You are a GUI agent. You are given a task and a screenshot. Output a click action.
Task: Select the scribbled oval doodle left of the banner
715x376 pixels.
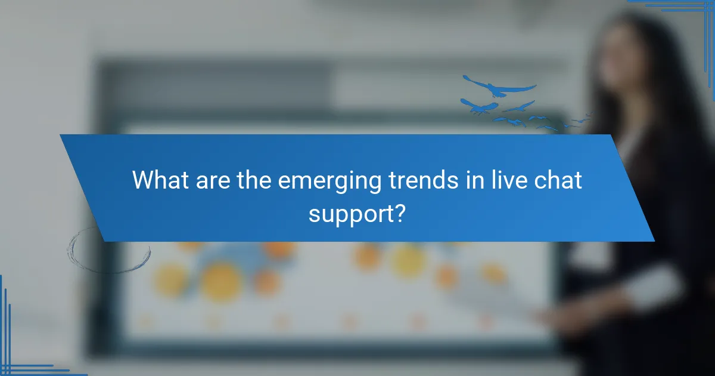(x=108, y=249)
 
